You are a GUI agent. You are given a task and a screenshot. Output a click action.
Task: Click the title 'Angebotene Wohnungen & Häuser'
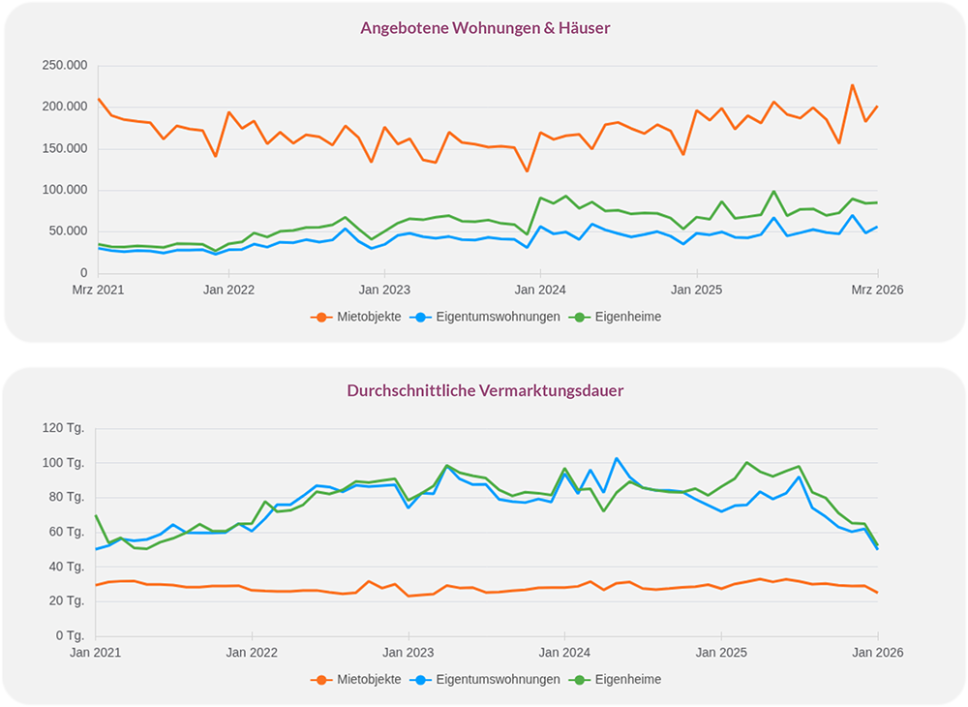point(485,28)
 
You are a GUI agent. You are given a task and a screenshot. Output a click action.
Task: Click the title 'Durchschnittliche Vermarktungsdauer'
point(485,390)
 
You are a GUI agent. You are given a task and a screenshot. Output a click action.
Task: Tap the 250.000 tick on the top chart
point(65,66)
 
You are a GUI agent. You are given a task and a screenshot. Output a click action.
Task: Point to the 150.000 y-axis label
point(65,149)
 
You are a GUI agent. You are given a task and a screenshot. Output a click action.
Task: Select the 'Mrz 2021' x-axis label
point(99,289)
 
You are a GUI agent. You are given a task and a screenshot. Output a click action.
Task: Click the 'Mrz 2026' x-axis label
point(877,289)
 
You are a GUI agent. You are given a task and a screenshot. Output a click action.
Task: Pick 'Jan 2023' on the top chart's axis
point(384,289)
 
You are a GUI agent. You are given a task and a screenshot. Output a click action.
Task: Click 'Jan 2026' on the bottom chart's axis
point(877,652)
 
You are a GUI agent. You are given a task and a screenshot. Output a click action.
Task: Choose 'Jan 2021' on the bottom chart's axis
point(96,652)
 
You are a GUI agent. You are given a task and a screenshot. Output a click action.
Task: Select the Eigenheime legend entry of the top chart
point(627,317)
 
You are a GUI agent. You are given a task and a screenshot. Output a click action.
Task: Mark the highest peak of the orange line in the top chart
point(852,85)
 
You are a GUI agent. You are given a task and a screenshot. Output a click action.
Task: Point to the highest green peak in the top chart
point(773,192)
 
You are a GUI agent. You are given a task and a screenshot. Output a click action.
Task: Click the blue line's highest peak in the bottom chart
point(617,459)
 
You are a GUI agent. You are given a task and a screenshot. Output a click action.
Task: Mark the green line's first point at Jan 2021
point(96,515)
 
